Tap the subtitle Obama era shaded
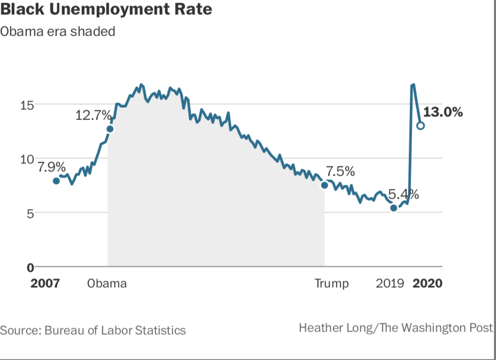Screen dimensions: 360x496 pyautogui.click(x=58, y=32)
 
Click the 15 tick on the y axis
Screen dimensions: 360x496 pyautogui.click(x=27, y=105)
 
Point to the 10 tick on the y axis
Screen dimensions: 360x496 pyautogui.click(x=27, y=159)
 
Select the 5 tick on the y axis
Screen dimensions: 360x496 pyautogui.click(x=30, y=213)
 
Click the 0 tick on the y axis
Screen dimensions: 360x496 pyautogui.click(x=30, y=267)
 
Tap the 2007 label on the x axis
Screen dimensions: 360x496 pyautogui.click(x=45, y=283)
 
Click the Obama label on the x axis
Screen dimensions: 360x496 pyautogui.click(x=107, y=283)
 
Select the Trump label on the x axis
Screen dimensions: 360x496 pyautogui.click(x=331, y=283)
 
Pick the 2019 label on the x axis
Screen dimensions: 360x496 pyautogui.click(x=390, y=283)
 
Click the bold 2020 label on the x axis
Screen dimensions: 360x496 pyautogui.click(x=428, y=283)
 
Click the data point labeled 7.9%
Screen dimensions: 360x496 pyautogui.click(x=56, y=181)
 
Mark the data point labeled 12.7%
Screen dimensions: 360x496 pyautogui.click(x=110, y=128)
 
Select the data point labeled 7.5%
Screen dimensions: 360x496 pyautogui.click(x=324, y=185)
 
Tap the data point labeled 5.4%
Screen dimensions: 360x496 pyautogui.click(x=394, y=208)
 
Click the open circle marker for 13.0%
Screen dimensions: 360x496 pyautogui.click(x=421, y=126)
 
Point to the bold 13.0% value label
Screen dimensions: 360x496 pyautogui.click(x=443, y=112)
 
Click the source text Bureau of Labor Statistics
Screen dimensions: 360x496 pyautogui.click(x=93, y=330)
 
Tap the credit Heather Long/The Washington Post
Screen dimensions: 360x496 pyautogui.click(x=396, y=327)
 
